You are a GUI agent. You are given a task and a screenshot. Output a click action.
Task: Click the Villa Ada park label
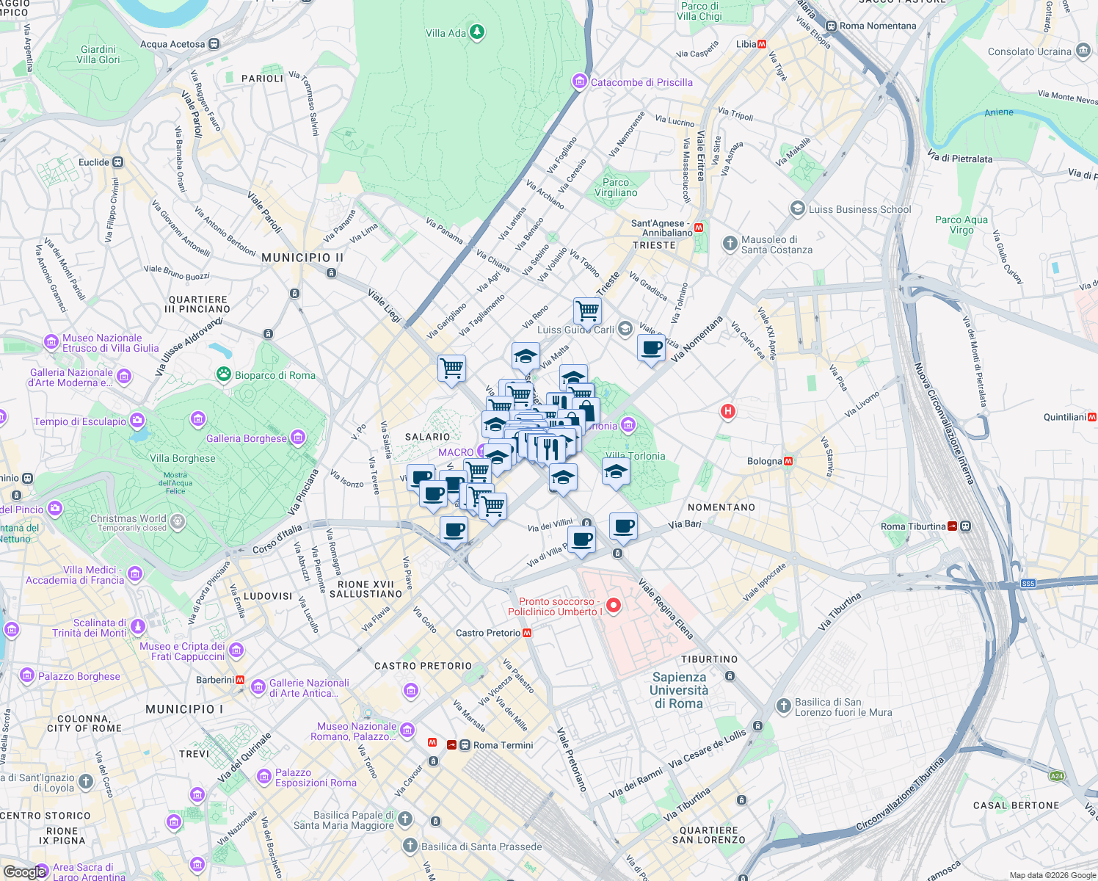point(446,33)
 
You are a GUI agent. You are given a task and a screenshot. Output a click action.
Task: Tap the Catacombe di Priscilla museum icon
point(580,81)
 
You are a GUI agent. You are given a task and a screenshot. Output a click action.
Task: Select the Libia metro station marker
point(762,44)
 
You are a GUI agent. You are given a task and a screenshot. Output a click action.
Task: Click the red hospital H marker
point(727,411)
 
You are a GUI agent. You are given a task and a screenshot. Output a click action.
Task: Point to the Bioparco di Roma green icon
point(223,374)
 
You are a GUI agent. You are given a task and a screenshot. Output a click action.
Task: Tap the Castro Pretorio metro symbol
point(527,633)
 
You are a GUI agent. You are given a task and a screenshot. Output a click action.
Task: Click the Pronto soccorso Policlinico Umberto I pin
point(614,606)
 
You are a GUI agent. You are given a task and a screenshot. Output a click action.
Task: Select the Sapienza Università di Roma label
point(680,690)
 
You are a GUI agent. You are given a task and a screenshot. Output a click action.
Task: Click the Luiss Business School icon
point(797,209)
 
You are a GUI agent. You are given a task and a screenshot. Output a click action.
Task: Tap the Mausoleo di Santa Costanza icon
point(730,243)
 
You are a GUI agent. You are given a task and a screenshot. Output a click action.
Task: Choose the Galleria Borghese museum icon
point(297,438)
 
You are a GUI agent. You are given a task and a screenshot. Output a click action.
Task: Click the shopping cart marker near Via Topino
point(587,311)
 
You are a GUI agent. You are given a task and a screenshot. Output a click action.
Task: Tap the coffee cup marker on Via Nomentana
point(651,347)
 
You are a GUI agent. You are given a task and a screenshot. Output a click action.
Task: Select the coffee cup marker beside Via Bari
point(623,526)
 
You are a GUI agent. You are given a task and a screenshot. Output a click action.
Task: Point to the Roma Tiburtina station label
point(913,526)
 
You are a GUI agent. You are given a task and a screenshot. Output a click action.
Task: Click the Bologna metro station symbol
point(788,461)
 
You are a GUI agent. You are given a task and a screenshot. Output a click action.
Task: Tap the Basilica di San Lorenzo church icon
point(783,706)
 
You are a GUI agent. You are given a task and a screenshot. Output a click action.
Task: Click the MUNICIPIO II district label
point(302,258)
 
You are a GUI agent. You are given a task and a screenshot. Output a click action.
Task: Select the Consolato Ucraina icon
point(1083,51)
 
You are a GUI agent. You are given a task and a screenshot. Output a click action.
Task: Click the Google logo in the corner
point(25,871)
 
